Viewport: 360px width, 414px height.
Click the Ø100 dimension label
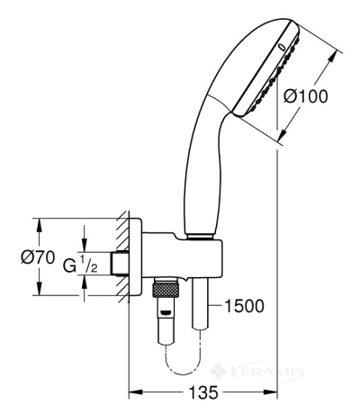(x=306, y=96)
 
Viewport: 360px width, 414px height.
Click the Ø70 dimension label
(x=38, y=257)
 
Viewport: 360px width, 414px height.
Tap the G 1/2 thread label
(x=80, y=264)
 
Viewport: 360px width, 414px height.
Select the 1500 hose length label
(x=244, y=306)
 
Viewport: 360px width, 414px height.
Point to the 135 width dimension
(x=203, y=392)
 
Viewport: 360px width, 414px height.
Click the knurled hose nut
(x=166, y=289)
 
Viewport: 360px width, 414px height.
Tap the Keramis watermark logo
(x=256, y=372)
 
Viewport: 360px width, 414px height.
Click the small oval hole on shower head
(x=282, y=47)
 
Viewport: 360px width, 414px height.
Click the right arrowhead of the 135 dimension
(x=270, y=391)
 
